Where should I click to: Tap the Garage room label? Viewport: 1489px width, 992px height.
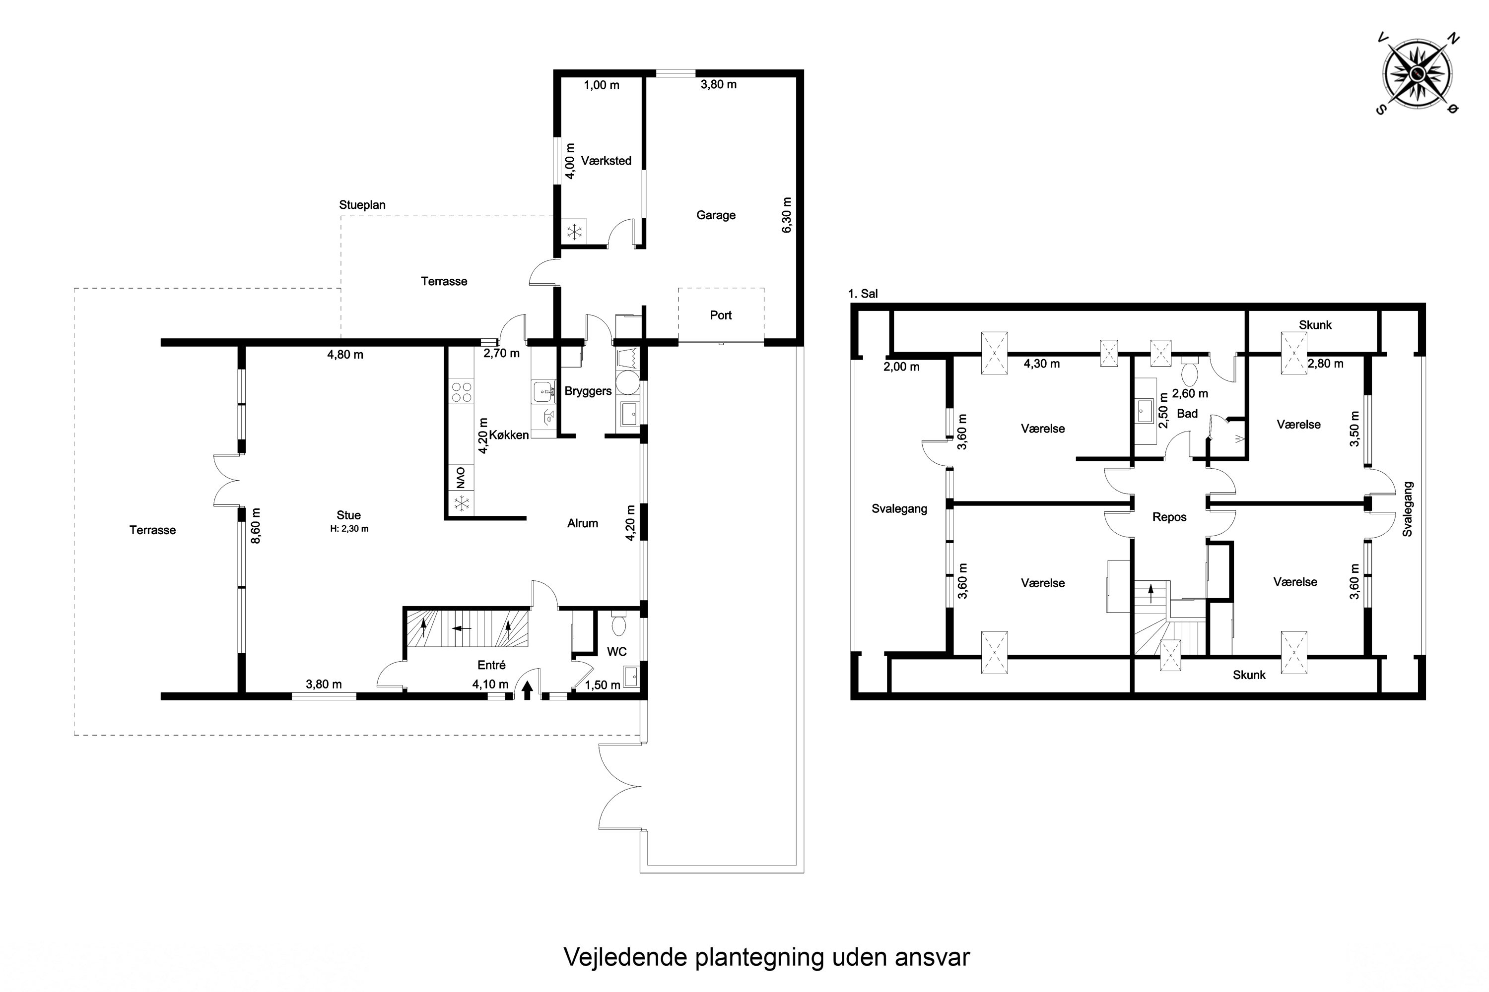pyautogui.click(x=716, y=215)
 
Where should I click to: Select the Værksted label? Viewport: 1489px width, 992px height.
pyautogui.click(x=606, y=161)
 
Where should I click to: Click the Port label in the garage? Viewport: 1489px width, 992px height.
pyautogui.click(x=721, y=315)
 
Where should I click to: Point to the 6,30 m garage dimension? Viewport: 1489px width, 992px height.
pyautogui.click(x=786, y=215)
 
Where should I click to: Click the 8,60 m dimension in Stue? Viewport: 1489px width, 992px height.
pyautogui.click(x=255, y=526)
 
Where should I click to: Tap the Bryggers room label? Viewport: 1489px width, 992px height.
pyautogui.click(x=588, y=391)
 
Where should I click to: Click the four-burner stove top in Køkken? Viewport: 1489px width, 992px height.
pyautogui.click(x=461, y=392)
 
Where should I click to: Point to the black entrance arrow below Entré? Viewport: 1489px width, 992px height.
pyautogui.click(x=527, y=689)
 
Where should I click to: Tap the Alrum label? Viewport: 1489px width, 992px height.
pyautogui.click(x=582, y=523)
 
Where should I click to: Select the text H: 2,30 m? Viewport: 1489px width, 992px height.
pyautogui.click(x=349, y=529)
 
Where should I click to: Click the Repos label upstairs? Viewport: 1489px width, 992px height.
pyautogui.click(x=1169, y=517)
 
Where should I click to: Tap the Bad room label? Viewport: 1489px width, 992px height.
pyautogui.click(x=1187, y=414)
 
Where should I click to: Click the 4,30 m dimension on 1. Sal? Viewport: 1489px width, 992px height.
pyautogui.click(x=1041, y=364)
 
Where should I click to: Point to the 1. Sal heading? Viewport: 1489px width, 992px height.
pyautogui.click(x=863, y=294)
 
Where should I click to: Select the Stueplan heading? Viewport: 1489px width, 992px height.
pyautogui.click(x=362, y=205)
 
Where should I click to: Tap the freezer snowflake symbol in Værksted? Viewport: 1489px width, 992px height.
pyautogui.click(x=574, y=232)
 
